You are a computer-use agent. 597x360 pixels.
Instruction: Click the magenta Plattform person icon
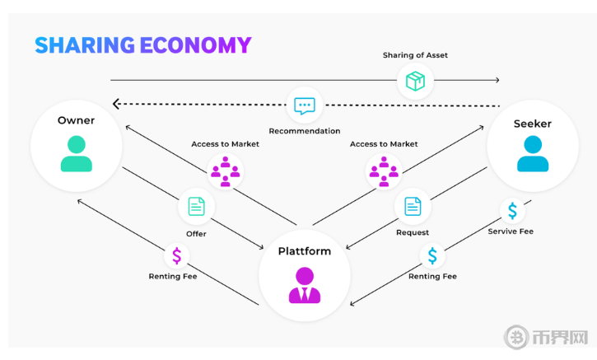click(305, 284)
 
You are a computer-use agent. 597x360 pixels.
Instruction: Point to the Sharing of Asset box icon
click(415, 81)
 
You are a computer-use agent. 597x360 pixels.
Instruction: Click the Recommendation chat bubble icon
click(305, 105)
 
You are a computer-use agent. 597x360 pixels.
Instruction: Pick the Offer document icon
click(196, 205)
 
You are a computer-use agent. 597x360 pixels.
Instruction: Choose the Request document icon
click(413, 205)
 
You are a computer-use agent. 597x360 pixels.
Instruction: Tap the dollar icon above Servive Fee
click(511, 211)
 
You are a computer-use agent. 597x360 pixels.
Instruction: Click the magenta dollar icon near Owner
click(176, 255)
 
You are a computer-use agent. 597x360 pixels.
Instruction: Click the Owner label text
click(76, 120)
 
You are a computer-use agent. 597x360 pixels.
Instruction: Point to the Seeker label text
click(532, 124)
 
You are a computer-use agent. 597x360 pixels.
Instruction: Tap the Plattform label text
click(305, 250)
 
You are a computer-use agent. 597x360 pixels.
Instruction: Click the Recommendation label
click(305, 131)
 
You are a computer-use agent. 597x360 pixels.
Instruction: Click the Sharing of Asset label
click(415, 55)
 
